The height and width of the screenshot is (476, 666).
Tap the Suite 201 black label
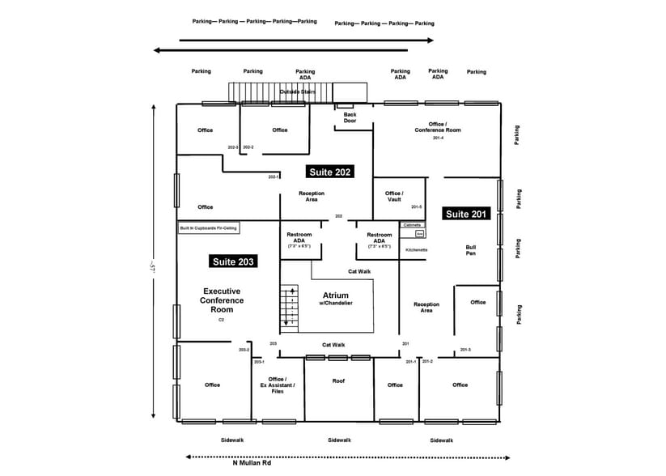465,214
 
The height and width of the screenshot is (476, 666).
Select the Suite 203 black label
233,261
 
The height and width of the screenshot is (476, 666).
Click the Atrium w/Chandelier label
335,299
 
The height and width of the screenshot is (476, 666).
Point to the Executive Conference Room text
222,300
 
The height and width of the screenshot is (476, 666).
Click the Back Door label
350,117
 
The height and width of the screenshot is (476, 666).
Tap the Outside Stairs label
297,92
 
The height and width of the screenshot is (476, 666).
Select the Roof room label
338,380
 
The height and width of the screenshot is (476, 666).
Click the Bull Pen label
470,251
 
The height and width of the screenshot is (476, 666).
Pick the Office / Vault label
394,197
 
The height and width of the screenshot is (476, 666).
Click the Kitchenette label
417,250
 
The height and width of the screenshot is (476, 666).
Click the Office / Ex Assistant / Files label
277,385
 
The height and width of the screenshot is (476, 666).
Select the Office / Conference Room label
438,127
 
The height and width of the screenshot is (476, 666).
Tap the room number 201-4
438,138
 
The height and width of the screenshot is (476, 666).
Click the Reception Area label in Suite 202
312,197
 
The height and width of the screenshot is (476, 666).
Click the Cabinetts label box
412,224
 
